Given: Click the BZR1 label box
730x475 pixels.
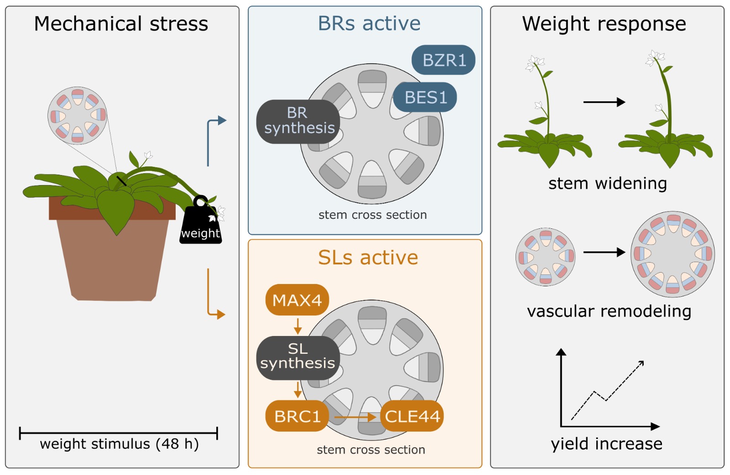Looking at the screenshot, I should tap(443, 60).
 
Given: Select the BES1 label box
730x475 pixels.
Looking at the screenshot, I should tap(425, 97).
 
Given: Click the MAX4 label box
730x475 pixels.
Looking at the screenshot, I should tap(297, 300).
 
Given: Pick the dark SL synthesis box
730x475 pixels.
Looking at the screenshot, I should tap(298, 357).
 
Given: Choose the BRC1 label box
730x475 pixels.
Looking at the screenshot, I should tap(297, 416).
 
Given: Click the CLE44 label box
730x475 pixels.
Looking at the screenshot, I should tap(412, 416).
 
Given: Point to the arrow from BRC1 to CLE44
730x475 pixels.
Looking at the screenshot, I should tap(355, 417).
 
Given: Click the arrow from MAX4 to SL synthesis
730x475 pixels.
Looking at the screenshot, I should tap(298, 326).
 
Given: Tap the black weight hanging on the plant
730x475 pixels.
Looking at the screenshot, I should tap(200, 223).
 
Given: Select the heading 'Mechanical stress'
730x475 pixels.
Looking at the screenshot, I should tap(121, 24).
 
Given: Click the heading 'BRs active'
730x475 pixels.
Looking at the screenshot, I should tap(369, 23).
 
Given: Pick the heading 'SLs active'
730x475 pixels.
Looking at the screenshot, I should tap(368, 258).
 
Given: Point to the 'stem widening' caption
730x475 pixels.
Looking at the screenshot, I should tap(607, 183).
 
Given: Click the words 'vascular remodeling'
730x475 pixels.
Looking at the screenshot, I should tap(609, 311).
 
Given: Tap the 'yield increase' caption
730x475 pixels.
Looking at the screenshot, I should tap(606, 443).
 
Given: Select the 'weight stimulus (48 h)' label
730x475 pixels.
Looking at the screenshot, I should tap(119, 444).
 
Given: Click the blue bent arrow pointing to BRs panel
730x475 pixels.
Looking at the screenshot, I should tap(209, 137).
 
